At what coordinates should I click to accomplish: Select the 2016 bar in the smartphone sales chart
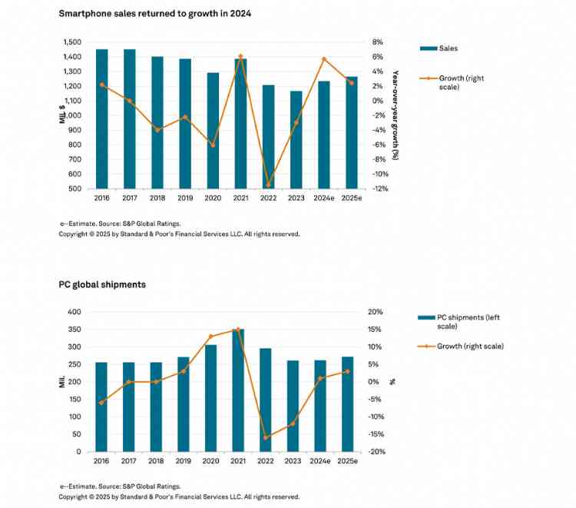point(101,119)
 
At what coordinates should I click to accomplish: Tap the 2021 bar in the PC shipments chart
point(237,390)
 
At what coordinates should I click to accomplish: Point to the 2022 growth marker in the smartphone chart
point(268,185)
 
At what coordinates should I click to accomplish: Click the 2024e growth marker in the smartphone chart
point(324,59)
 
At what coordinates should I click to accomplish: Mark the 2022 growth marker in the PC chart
point(266,438)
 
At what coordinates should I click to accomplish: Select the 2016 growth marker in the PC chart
point(101,403)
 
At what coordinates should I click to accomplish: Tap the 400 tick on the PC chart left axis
point(74,312)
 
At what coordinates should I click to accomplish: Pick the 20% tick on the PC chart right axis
point(374,312)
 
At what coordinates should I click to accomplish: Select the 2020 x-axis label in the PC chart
point(210,460)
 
